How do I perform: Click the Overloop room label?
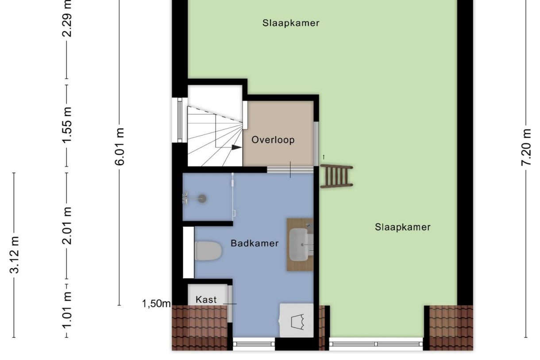click(x=273, y=140)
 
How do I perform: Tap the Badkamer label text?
click(x=255, y=243)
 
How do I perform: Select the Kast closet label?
click(x=206, y=299)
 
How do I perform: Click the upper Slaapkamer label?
click(x=291, y=23)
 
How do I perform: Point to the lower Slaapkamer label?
click(x=403, y=227)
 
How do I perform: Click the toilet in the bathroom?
click(x=208, y=251)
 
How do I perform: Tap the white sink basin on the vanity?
click(x=299, y=244)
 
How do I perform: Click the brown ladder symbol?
click(x=336, y=176)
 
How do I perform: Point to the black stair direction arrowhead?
click(x=237, y=147)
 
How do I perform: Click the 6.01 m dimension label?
click(x=120, y=147)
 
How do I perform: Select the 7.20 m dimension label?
click(x=526, y=147)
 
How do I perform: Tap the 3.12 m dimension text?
click(x=14, y=255)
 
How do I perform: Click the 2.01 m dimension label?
click(x=67, y=226)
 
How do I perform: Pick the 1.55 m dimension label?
click(x=67, y=125)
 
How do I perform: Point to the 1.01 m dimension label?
click(x=67, y=310)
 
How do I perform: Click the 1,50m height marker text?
click(x=156, y=304)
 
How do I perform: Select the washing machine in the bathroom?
click(x=297, y=321)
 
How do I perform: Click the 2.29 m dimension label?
click(x=67, y=18)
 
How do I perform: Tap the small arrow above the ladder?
click(x=324, y=157)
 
